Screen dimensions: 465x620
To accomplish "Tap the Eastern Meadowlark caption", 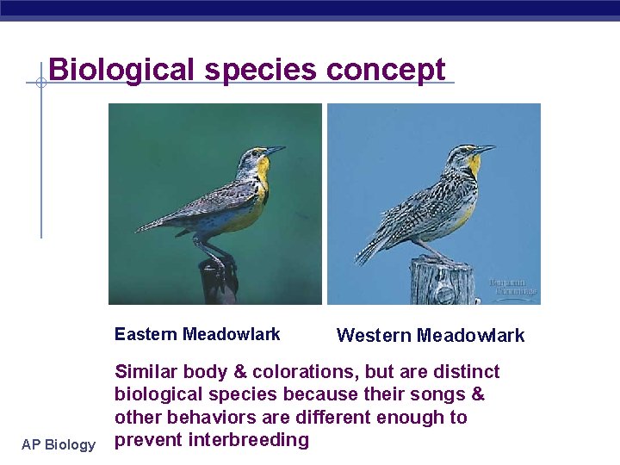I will tap(197, 334).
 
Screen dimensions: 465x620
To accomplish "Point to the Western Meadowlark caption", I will tap(430, 336).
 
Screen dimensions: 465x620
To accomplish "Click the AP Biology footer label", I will tap(59, 444).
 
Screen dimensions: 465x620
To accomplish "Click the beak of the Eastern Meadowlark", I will tap(276, 151).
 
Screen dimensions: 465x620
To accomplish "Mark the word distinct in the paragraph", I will tap(466, 372).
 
